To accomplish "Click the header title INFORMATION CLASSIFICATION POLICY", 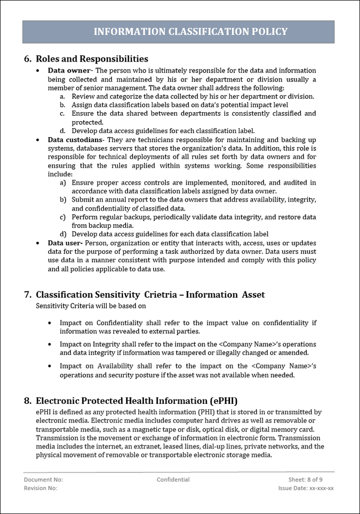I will pyautogui.click(x=190, y=32).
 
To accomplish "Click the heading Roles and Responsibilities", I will pyautogui.click(x=92, y=59).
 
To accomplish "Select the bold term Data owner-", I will pyautogui.click(x=69, y=71).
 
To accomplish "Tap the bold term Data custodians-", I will pyautogui.click(x=76, y=140).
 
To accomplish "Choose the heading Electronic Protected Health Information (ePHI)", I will pyautogui.click(x=136, y=401).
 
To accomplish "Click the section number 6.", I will pyautogui.click(x=28, y=59).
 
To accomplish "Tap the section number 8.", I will pyautogui.click(x=28, y=401).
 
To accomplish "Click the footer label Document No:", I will pyautogui.click(x=43, y=479).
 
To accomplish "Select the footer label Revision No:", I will pyautogui.click(x=40, y=488).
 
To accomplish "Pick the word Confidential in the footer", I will pyautogui.click(x=173, y=479).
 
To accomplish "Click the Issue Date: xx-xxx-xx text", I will pyautogui.click(x=306, y=488).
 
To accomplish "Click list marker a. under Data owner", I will pyautogui.click(x=62, y=97).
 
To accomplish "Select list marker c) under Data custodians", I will pyautogui.click(x=63, y=217).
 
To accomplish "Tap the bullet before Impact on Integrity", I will pyautogui.click(x=49, y=344).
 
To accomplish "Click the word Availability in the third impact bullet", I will pyautogui.click(x=115, y=366).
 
